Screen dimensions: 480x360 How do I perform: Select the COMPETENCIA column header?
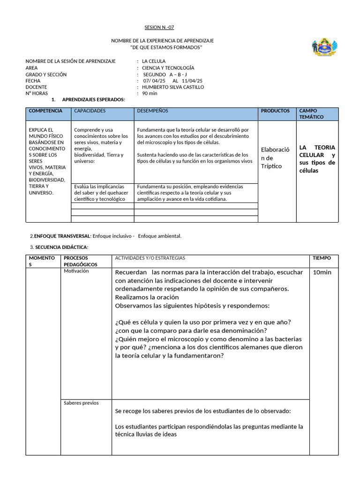tap(45, 111)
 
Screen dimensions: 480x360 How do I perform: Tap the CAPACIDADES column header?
tap(90, 111)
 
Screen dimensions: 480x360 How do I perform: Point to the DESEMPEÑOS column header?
tap(152, 111)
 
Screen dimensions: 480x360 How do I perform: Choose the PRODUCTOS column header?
tap(275, 111)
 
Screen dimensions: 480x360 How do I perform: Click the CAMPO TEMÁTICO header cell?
tap(311, 114)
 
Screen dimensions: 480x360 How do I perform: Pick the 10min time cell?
tap(322, 273)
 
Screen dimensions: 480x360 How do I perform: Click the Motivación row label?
tap(76, 271)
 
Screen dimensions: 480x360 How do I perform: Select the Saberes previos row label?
tap(81, 403)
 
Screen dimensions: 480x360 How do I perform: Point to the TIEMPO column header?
tap(322, 258)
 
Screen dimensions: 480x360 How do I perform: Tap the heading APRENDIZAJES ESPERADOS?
tap(93, 100)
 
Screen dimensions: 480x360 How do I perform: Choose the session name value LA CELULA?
tap(153, 61)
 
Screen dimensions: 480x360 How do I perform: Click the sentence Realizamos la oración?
tap(147, 297)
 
